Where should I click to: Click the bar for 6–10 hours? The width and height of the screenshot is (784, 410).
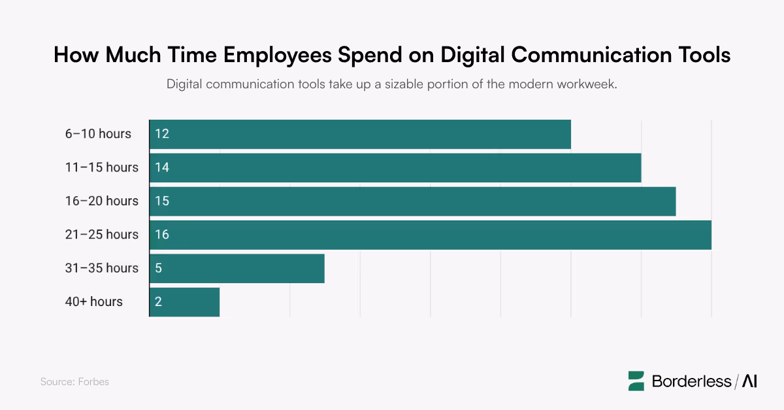point(360,134)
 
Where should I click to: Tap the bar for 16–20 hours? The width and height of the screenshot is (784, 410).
point(412,201)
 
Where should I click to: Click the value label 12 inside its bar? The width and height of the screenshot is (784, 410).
point(162,134)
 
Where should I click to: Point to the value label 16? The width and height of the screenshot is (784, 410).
point(162,235)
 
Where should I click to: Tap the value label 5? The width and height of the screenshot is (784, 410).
point(159,268)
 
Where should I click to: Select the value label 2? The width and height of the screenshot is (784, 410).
point(159,301)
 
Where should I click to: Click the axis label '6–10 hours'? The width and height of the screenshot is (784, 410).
point(98,134)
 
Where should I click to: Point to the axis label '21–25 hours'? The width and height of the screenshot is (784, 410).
point(101,235)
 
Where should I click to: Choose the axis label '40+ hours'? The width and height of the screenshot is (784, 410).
point(93,301)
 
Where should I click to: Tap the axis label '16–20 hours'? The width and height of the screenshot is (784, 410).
point(101,201)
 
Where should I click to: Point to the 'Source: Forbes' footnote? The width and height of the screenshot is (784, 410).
point(74,382)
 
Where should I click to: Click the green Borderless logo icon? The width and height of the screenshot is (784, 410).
point(636,381)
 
